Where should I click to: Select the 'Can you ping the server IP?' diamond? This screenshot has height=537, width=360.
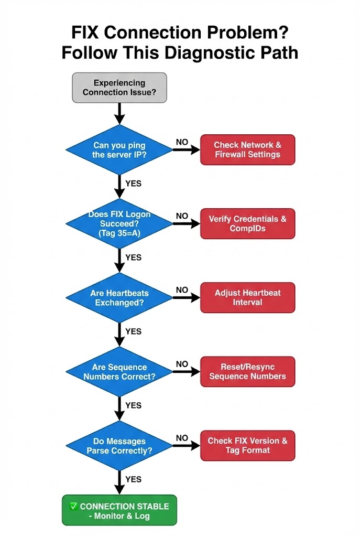[119, 150]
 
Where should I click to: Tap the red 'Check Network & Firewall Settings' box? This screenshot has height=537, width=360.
[247, 150]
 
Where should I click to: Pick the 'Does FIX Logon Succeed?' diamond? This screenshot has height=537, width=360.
[119, 223]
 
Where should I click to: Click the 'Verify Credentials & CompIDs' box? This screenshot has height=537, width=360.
[247, 224]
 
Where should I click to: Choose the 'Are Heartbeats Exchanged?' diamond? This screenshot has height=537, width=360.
[119, 298]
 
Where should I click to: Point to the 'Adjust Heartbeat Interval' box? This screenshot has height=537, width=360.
[247, 298]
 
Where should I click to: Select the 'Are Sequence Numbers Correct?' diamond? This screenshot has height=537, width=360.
[119, 372]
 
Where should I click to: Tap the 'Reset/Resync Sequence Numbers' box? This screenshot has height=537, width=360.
[247, 372]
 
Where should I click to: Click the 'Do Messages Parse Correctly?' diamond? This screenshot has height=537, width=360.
[119, 446]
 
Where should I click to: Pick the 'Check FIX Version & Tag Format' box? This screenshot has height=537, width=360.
[247, 446]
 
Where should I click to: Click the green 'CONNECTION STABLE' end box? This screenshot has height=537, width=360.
[119, 510]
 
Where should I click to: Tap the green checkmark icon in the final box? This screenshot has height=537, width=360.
[74, 506]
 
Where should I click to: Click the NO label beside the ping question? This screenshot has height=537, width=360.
[182, 142]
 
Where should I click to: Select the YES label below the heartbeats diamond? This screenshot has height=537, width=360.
[134, 331]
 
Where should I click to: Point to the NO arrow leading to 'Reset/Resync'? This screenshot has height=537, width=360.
[186, 372]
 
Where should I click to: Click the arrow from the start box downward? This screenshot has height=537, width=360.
[119, 113]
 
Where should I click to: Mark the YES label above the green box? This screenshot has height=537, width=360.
[134, 479]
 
